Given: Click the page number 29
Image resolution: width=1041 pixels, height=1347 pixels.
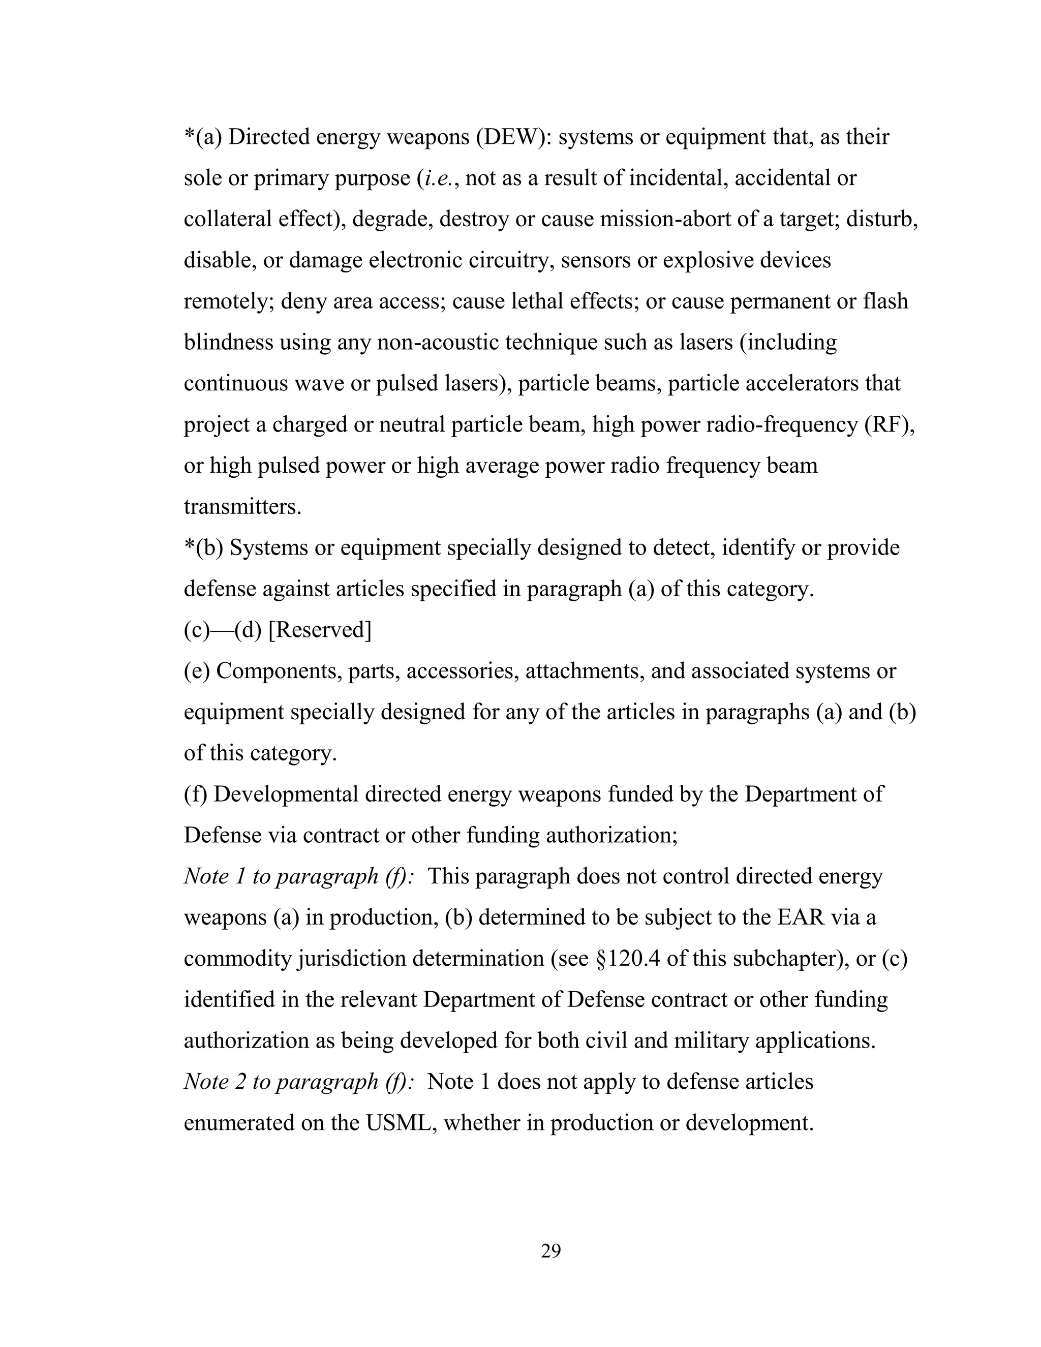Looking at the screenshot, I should click(550, 1251).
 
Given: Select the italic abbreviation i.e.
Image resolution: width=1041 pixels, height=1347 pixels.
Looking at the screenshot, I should click(439, 178).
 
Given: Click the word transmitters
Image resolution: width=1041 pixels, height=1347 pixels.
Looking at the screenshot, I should click(242, 506).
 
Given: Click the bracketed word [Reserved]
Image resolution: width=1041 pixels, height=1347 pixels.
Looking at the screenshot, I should click(320, 630).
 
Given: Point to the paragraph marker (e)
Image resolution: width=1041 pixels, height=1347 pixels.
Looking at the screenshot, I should click(197, 671).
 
